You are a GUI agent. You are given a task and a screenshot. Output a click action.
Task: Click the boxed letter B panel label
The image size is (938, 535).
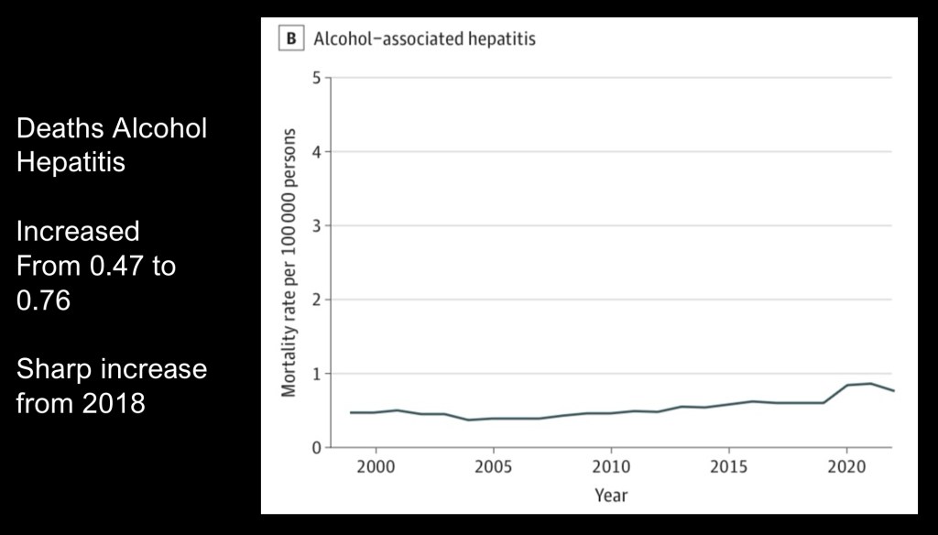[291, 39]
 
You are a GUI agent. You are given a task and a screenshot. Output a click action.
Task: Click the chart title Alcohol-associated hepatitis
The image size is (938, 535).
[424, 39]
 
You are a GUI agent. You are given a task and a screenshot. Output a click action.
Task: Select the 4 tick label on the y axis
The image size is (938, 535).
[316, 151]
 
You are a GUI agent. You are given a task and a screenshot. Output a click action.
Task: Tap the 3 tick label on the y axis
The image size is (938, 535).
[316, 225]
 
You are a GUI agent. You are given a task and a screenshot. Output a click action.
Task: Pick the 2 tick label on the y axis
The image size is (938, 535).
[316, 300]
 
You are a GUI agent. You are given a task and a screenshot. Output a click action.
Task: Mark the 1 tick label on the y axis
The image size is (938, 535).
[316, 374]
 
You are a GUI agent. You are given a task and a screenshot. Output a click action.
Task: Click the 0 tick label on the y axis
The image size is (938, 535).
[316, 448]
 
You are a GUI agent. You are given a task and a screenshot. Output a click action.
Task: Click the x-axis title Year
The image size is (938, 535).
[611, 496]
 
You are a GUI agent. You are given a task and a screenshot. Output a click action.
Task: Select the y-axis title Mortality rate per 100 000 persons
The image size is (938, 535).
[289, 262]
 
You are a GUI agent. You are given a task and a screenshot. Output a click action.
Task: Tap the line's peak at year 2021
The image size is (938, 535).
[868, 384]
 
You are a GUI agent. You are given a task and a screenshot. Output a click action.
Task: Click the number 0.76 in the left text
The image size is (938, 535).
[43, 300]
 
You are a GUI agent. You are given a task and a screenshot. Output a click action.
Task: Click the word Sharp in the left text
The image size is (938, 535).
[56, 369]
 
